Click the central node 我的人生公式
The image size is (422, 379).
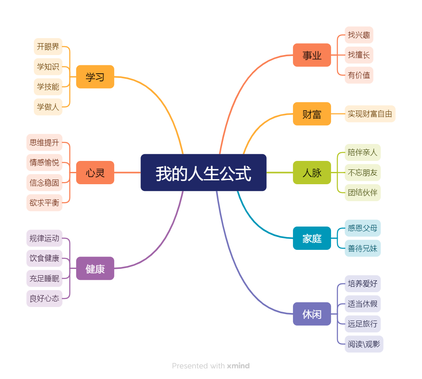point(203,173)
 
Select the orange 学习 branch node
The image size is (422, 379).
point(95,77)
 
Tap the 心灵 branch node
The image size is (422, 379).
point(95,173)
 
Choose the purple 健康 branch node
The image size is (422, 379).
point(95,268)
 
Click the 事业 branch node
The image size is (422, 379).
point(312,55)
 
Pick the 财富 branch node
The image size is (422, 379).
point(312,114)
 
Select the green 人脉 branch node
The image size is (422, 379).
point(312,173)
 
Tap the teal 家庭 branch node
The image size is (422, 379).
point(312,238)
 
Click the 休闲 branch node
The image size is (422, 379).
point(312,314)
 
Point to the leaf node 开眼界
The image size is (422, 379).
point(48,47)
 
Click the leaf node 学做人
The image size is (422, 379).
point(48,107)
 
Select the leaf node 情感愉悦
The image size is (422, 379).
point(44,163)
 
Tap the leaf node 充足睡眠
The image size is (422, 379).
point(44,279)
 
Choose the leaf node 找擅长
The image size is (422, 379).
point(359,55)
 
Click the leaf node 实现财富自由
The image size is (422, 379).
point(370,114)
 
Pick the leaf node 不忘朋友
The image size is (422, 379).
point(362,173)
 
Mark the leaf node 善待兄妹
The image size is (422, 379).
point(362,249)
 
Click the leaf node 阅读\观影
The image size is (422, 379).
point(364,344)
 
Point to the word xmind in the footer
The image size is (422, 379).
point(238,366)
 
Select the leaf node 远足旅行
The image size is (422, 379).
point(362,324)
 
